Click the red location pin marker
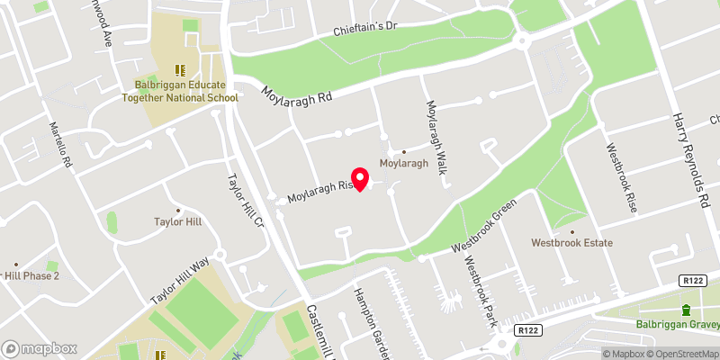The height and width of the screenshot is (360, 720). tap(360, 179)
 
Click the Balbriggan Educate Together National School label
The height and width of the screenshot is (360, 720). tap(180, 92)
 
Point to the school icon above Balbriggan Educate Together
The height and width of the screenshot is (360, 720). tap(179, 68)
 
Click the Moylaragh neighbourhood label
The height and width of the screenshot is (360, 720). tap(403, 163)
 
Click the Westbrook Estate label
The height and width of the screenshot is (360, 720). tap(571, 243)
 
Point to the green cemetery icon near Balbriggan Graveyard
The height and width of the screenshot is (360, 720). tap(686, 310)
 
